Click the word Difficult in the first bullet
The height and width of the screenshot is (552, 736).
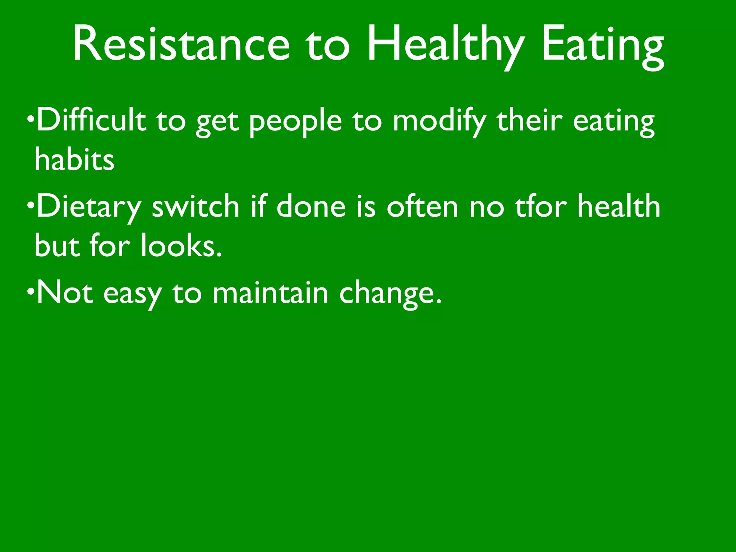tap(92, 120)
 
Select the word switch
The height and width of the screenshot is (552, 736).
tap(195, 206)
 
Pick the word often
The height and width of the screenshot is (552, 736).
tap(422, 206)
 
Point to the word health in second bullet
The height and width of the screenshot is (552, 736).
tap(619, 206)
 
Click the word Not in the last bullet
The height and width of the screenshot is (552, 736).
tap(65, 293)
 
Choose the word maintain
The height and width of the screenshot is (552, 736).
tap(270, 293)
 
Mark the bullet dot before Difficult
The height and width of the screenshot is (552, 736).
tap(31, 118)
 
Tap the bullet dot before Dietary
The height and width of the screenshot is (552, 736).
tap(31, 205)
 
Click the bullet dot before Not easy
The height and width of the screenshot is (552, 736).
tap(31, 291)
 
